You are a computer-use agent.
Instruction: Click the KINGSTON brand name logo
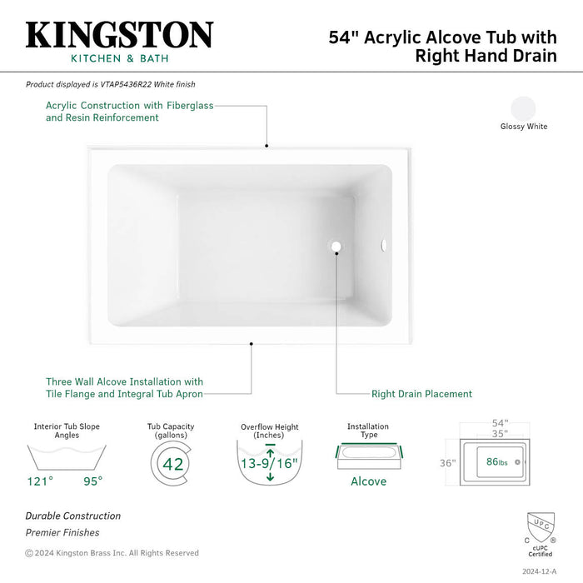pos(119,36)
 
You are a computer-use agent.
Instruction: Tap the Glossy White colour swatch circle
pos(524,109)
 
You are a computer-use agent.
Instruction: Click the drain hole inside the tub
pos(336,247)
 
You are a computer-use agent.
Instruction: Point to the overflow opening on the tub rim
pos(384,246)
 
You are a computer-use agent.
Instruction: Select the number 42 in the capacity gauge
pos(173,464)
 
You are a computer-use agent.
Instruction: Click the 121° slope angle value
pos(40,481)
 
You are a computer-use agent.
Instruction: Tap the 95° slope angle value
pos(92,481)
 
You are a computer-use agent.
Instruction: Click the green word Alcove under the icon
pos(368,481)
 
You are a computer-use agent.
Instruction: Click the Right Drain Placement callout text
pos(421,394)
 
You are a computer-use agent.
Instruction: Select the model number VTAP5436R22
pos(122,84)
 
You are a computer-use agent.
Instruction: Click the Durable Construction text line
pos(73,516)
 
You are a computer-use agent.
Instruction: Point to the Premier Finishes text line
pos(62,533)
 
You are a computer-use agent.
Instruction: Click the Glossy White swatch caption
pos(524,127)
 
